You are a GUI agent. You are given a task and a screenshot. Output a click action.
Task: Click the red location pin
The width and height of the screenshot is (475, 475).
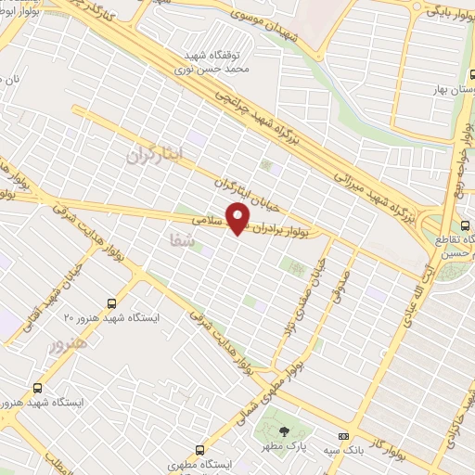pyautogui.click(x=238, y=219)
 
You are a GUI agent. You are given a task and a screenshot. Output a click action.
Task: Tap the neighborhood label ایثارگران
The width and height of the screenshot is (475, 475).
pyautogui.click(x=156, y=156)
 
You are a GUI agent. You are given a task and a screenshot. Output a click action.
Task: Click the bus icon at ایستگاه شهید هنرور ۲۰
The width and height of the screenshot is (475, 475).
pyautogui.click(x=112, y=302)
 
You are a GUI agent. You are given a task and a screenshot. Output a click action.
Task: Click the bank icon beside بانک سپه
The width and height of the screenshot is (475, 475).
pyautogui.click(x=343, y=436)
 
